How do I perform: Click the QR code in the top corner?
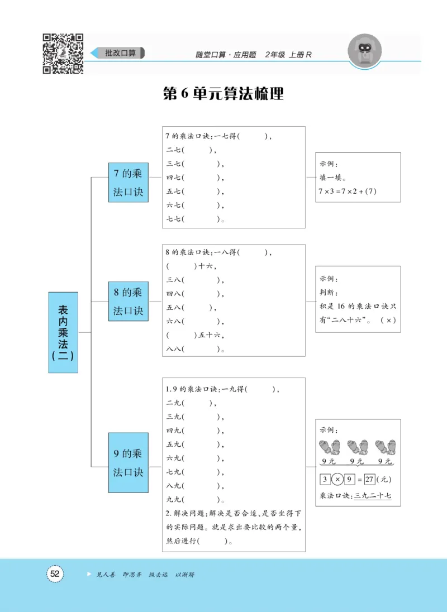(x=63, y=54)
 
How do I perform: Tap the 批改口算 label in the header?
(x=120, y=53)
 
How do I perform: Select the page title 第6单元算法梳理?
(x=223, y=94)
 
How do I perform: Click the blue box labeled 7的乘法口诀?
(x=128, y=183)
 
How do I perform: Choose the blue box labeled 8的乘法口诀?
(x=128, y=302)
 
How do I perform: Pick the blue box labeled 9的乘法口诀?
(x=128, y=463)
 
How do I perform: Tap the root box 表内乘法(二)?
(x=63, y=332)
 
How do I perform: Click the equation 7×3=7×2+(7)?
(x=348, y=192)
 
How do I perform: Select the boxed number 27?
(x=368, y=480)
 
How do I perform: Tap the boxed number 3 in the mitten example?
(x=325, y=480)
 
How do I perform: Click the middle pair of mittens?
(x=358, y=447)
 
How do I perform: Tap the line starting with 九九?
(x=196, y=499)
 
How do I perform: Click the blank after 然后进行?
(x=215, y=540)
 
